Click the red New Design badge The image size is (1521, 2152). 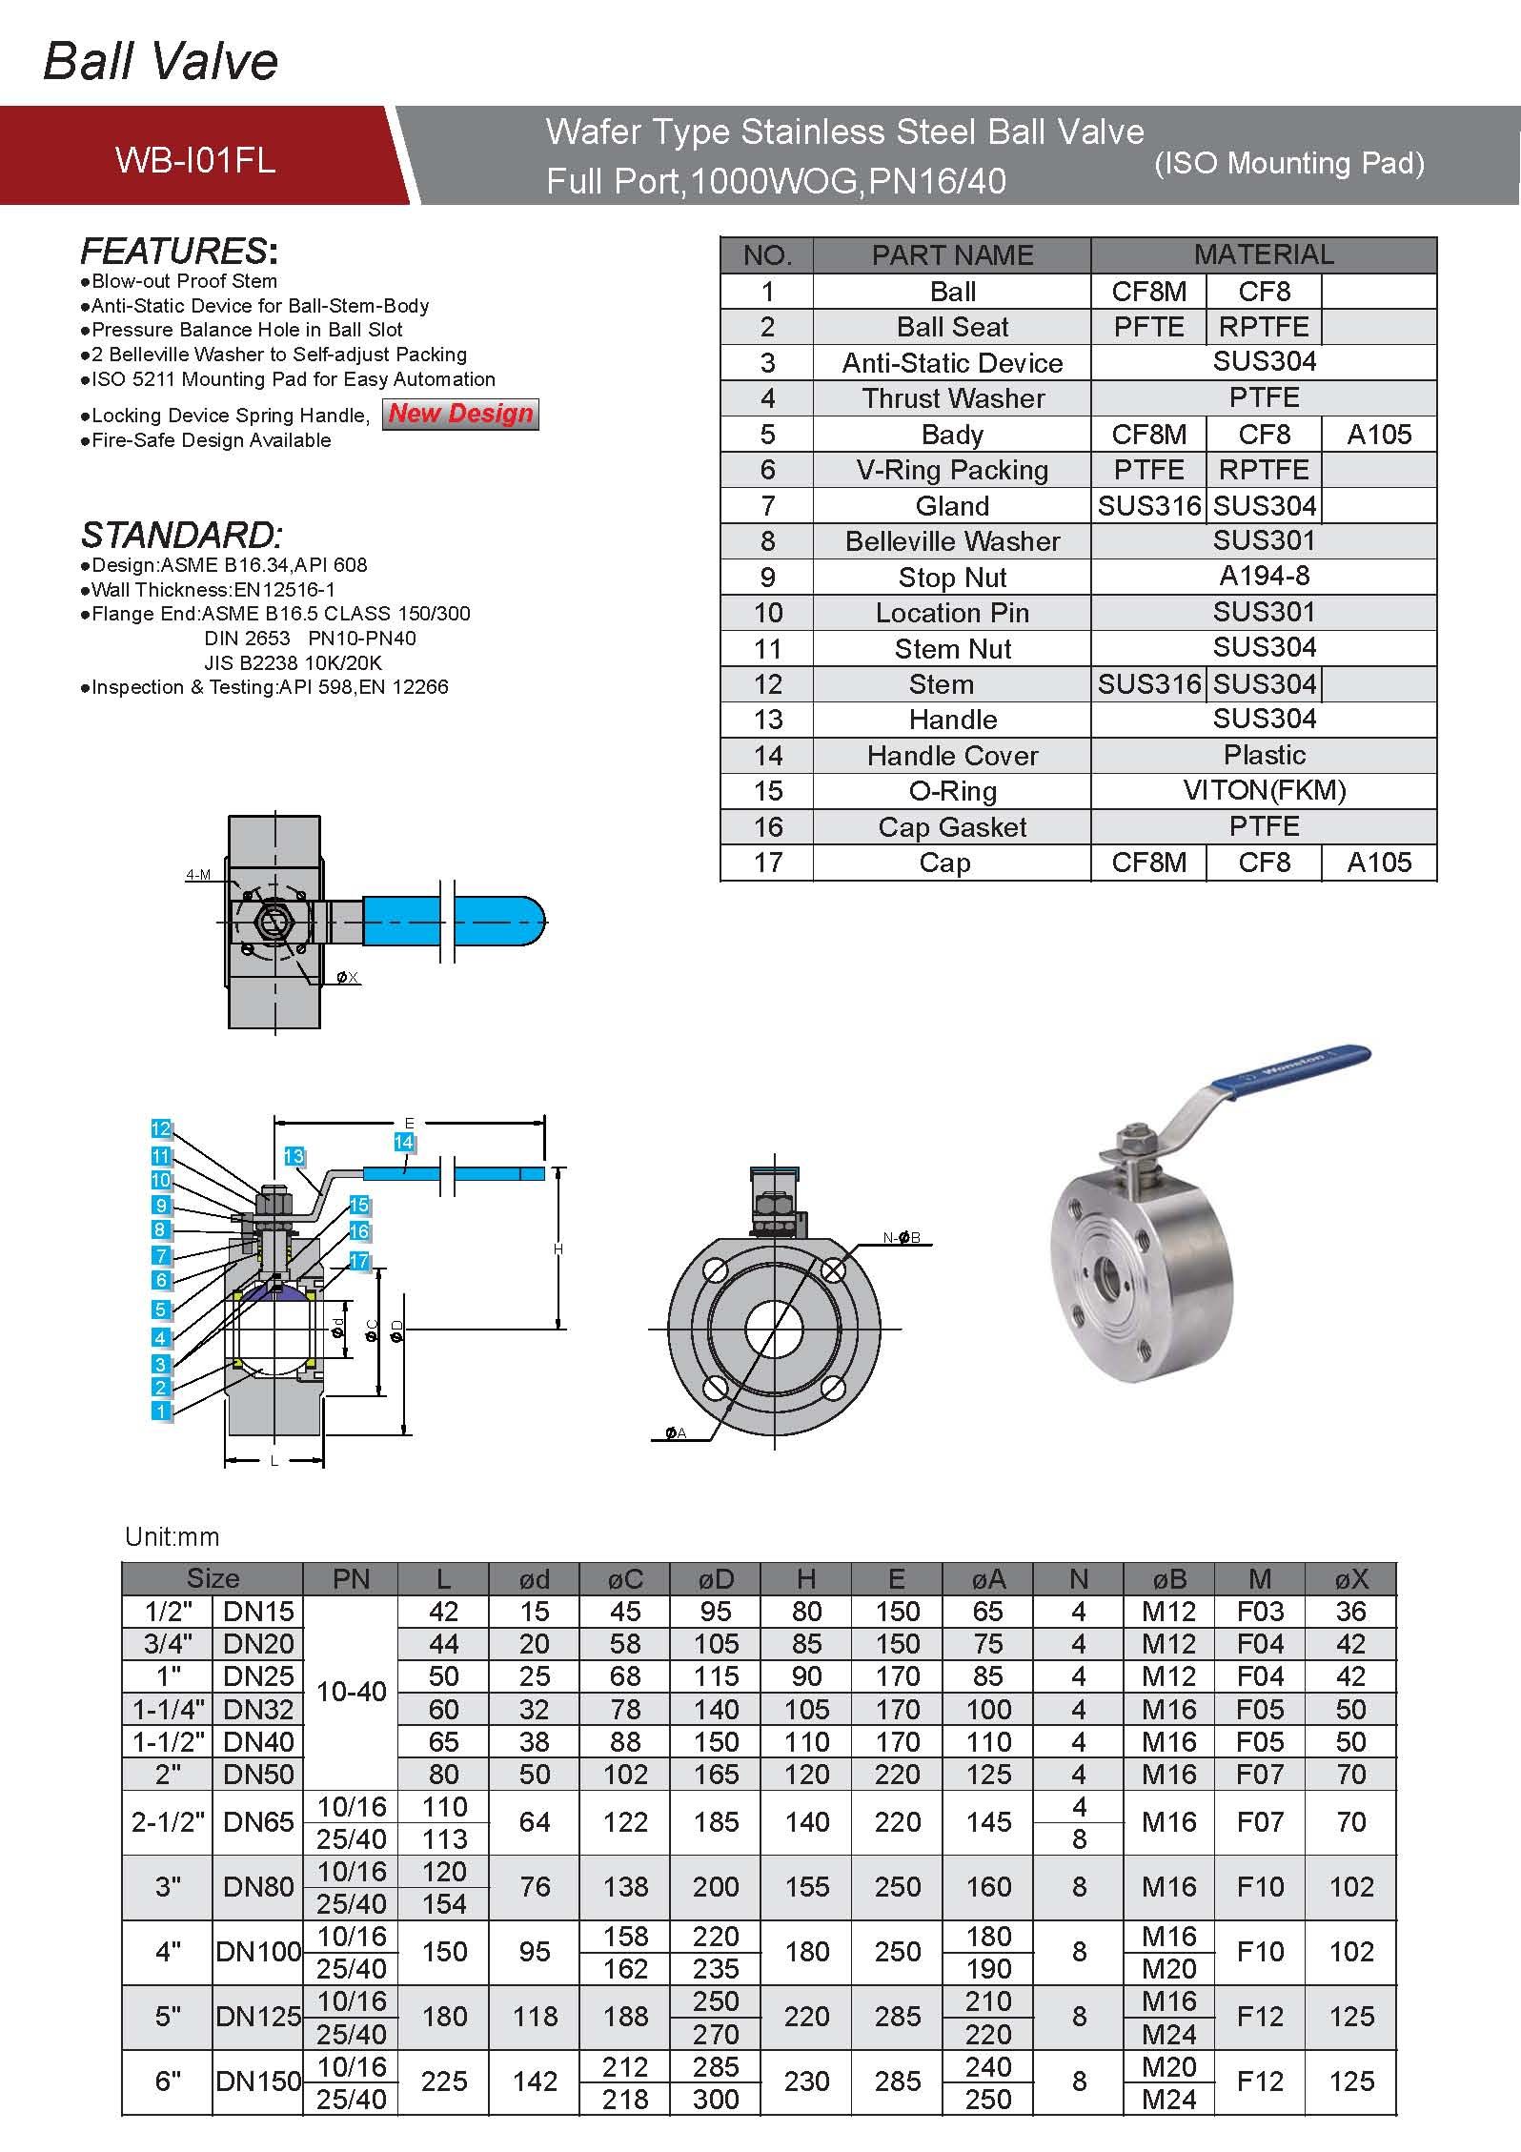tap(460, 414)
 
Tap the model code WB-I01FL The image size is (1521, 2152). tap(195, 159)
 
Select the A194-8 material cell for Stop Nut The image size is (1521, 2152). tap(1264, 577)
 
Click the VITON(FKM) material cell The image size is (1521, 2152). tap(1264, 790)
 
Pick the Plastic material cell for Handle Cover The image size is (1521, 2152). tap(1264, 755)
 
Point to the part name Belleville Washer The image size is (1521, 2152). tap(952, 541)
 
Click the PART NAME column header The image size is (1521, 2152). tap(952, 255)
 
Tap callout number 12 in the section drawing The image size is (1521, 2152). tap(160, 1128)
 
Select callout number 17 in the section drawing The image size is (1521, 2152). tap(358, 1261)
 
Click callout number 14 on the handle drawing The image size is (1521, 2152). tap(404, 1142)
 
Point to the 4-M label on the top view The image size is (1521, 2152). tap(198, 875)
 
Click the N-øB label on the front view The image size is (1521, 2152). tap(901, 1238)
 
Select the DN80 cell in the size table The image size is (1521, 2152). tap(257, 1886)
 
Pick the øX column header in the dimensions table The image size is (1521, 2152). tap(1350, 1579)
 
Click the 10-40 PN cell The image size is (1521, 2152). tap(351, 1692)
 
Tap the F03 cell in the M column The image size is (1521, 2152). tap(1260, 1612)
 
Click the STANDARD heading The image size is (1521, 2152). tap(181, 535)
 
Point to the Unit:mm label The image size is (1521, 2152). tap(172, 1536)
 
